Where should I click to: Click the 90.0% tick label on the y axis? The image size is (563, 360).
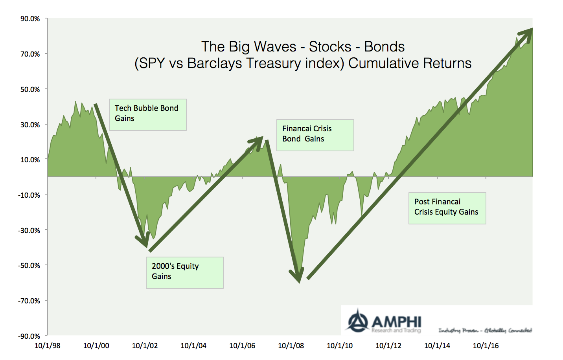pos(30,19)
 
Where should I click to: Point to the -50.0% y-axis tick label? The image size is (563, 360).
pos(29,266)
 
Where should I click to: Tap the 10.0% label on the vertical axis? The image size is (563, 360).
pos(30,160)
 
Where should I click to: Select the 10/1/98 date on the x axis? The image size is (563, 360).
pos(48,346)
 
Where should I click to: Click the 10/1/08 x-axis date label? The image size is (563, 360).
pos(291,346)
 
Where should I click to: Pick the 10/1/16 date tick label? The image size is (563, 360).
pos(486,346)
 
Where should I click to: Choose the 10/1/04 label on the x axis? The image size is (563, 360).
pos(193,346)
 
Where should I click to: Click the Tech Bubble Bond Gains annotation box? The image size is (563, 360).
pos(148,115)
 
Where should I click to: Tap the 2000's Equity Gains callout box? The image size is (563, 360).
pos(185,273)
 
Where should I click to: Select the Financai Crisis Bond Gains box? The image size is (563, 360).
pos(315,135)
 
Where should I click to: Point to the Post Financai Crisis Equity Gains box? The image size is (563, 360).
pos(447,208)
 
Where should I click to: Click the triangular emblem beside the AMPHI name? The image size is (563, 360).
pos(357,321)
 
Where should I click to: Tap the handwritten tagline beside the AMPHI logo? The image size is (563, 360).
pos(485,331)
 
